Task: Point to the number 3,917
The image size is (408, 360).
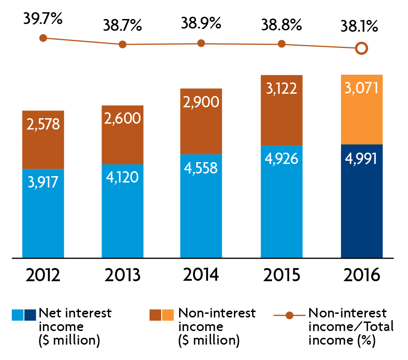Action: (x=43, y=182)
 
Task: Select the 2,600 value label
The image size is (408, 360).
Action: (x=122, y=119)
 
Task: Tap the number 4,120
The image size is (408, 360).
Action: (x=122, y=177)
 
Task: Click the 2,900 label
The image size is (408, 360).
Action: (x=201, y=102)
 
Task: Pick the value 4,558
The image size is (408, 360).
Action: (x=201, y=168)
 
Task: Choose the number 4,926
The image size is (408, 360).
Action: (x=282, y=159)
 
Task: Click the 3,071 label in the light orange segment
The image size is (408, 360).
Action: (x=361, y=88)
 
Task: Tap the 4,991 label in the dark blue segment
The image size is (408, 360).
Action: (x=361, y=159)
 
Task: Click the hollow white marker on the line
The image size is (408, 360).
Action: (x=361, y=48)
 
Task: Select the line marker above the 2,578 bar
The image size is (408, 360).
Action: (x=43, y=38)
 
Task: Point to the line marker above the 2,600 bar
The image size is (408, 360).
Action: (x=122, y=44)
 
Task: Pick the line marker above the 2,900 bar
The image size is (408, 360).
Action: (x=201, y=43)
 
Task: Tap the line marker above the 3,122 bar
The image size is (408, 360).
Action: (x=282, y=44)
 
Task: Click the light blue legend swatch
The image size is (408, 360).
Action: (x=17, y=315)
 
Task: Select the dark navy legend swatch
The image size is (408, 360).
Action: (x=30, y=315)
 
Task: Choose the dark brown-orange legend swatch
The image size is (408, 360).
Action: (x=155, y=315)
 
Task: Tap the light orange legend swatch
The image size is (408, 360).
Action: (x=168, y=315)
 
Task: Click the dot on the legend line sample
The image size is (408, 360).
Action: (x=289, y=315)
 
